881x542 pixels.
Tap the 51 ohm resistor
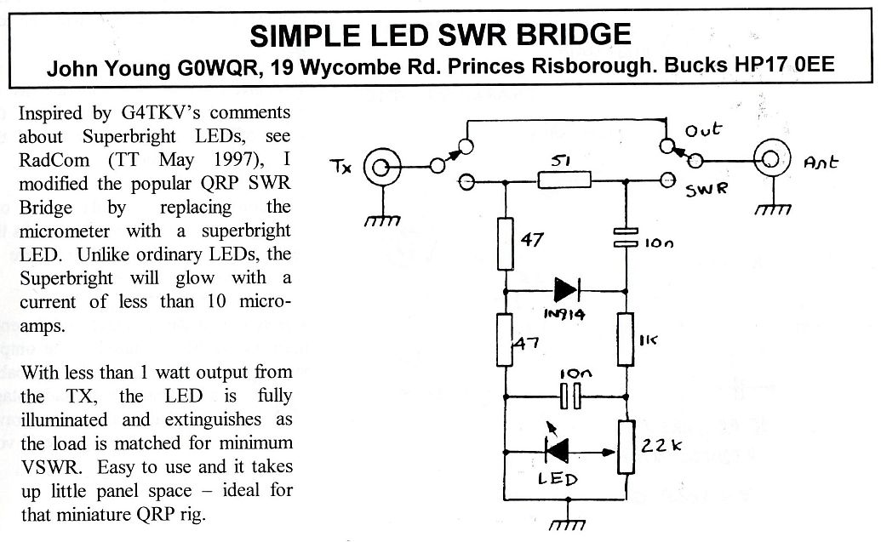click(x=564, y=180)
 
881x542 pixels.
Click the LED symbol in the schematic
click(x=557, y=448)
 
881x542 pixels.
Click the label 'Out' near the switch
click(x=704, y=130)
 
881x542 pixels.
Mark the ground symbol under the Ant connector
click(x=772, y=208)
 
